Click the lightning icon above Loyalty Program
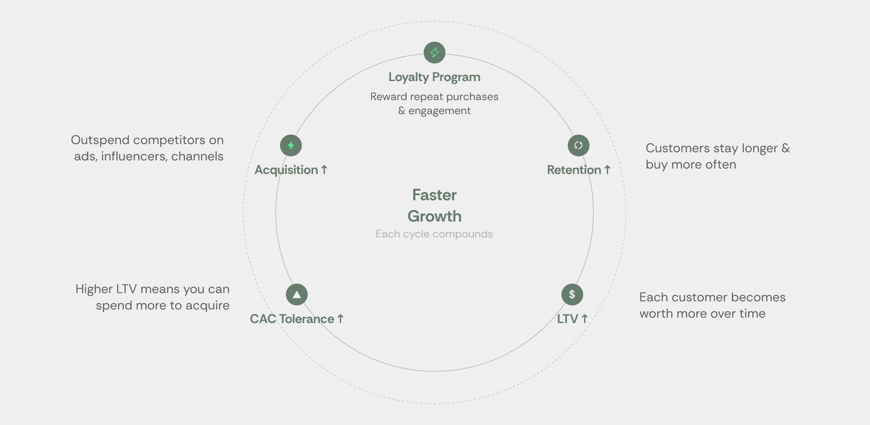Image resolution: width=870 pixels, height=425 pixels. pyautogui.click(x=435, y=53)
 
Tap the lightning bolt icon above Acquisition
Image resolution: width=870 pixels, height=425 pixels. pyautogui.click(x=291, y=145)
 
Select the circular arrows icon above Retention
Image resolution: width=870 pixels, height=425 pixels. pyautogui.click(x=578, y=145)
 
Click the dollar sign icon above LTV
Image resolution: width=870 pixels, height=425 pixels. pyautogui.click(x=572, y=295)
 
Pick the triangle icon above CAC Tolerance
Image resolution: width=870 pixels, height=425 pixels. pyautogui.click(x=297, y=295)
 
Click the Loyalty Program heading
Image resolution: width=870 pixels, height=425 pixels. pyautogui.click(x=434, y=77)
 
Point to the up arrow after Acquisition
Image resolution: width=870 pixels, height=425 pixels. pyautogui.click(x=324, y=170)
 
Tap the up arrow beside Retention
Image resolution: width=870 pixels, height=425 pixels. pyautogui.click(x=607, y=170)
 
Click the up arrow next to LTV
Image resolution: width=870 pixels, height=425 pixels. pyautogui.click(x=585, y=319)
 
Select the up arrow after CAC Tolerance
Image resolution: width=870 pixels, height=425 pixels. pyautogui.click(x=340, y=319)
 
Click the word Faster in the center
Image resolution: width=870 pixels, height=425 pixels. pyautogui.click(x=434, y=195)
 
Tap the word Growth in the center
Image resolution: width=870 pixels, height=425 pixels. pyautogui.click(x=434, y=217)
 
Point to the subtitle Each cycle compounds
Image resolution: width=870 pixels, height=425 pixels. pyautogui.click(x=434, y=234)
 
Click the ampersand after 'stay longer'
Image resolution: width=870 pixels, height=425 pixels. pyautogui.click(x=786, y=148)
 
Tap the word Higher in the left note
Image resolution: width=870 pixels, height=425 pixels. pyautogui.click(x=94, y=289)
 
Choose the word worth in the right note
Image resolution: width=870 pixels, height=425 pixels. pyautogui.click(x=656, y=314)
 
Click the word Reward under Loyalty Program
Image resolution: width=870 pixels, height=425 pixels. pyautogui.click(x=388, y=97)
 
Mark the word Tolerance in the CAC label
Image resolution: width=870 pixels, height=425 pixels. pyautogui.click(x=307, y=319)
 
